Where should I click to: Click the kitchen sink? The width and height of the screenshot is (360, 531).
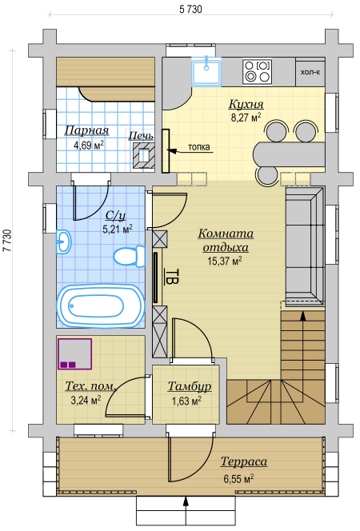(206, 71)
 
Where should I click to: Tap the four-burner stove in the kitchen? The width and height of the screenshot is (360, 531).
(257, 71)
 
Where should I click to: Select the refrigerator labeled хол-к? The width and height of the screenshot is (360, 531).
(310, 71)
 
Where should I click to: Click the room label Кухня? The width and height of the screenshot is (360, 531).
(246, 104)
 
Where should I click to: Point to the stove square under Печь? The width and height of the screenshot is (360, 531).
(143, 155)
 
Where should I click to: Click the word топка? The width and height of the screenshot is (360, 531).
(198, 147)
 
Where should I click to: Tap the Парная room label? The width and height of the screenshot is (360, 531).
(86, 130)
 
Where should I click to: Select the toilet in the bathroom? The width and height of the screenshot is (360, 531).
(130, 256)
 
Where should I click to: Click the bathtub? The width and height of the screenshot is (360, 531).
(101, 305)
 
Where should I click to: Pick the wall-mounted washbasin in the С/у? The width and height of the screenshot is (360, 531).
(63, 242)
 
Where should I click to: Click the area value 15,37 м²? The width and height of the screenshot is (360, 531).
(225, 261)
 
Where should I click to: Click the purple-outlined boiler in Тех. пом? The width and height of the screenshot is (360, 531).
(74, 353)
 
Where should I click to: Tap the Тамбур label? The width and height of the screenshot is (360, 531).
(190, 386)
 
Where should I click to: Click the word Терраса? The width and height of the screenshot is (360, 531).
(244, 461)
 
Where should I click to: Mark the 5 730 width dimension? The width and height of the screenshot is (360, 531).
(190, 10)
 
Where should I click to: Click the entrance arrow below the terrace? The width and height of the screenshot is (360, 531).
(186, 512)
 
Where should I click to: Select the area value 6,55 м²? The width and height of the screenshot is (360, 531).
(238, 479)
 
